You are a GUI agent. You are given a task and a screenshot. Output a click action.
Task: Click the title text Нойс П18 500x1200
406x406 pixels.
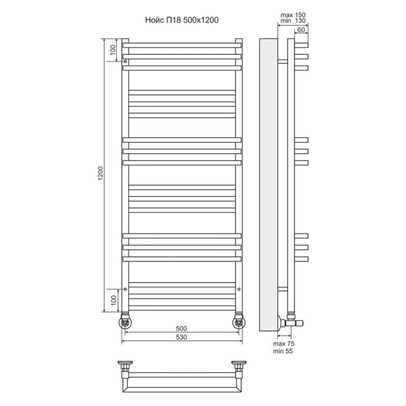pyautogui.click(x=182, y=20)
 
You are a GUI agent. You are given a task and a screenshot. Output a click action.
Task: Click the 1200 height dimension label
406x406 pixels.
pyautogui.click(x=100, y=173)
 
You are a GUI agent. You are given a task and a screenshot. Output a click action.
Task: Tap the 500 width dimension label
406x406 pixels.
pyautogui.click(x=181, y=328)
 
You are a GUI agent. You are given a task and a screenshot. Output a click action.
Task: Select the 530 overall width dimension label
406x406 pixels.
pyautogui.click(x=181, y=337)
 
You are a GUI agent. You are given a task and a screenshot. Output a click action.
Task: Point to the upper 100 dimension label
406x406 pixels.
pyautogui.click(x=113, y=50)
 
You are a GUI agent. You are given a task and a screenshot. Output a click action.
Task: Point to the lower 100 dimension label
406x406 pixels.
pyautogui.click(x=113, y=300)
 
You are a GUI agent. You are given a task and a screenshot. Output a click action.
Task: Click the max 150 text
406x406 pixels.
pyautogui.click(x=293, y=15)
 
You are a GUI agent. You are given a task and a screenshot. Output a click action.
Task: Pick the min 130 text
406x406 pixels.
pyautogui.click(x=293, y=21)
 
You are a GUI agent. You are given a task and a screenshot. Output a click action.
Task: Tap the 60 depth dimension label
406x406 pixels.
pyautogui.click(x=301, y=30)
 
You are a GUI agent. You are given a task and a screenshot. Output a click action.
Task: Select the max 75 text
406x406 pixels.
pyautogui.click(x=284, y=344)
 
